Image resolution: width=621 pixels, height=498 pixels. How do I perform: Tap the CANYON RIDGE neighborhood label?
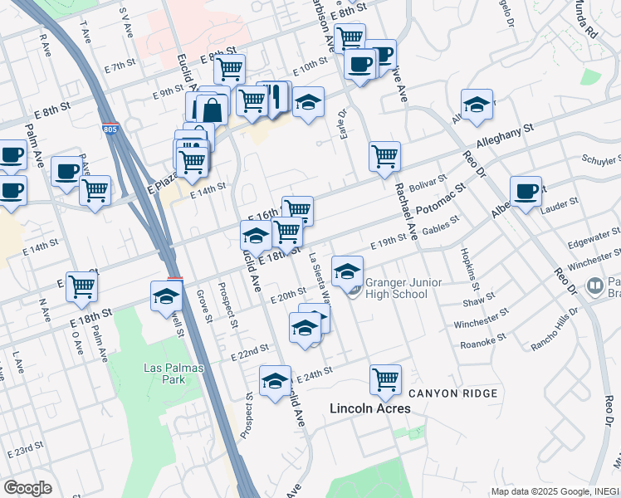coord(452,393)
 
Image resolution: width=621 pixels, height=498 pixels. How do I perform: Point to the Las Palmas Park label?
coord(164,373)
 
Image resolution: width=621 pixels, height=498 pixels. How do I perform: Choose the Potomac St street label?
coord(441,198)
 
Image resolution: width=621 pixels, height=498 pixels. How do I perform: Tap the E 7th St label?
coord(120,65)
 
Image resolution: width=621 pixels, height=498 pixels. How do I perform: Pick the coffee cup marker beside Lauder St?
coord(526,191)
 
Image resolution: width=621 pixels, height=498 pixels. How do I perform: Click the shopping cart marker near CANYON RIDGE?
coord(385,379)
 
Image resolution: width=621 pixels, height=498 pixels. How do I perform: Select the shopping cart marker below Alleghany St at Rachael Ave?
coord(384,156)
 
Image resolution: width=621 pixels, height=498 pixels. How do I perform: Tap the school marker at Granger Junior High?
coord(347,270)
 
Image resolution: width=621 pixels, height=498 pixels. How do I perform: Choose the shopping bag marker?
coord(213,110)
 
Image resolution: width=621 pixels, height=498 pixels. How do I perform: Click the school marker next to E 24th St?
coord(275,380)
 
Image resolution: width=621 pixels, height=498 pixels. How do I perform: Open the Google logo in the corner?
coord(27,488)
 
